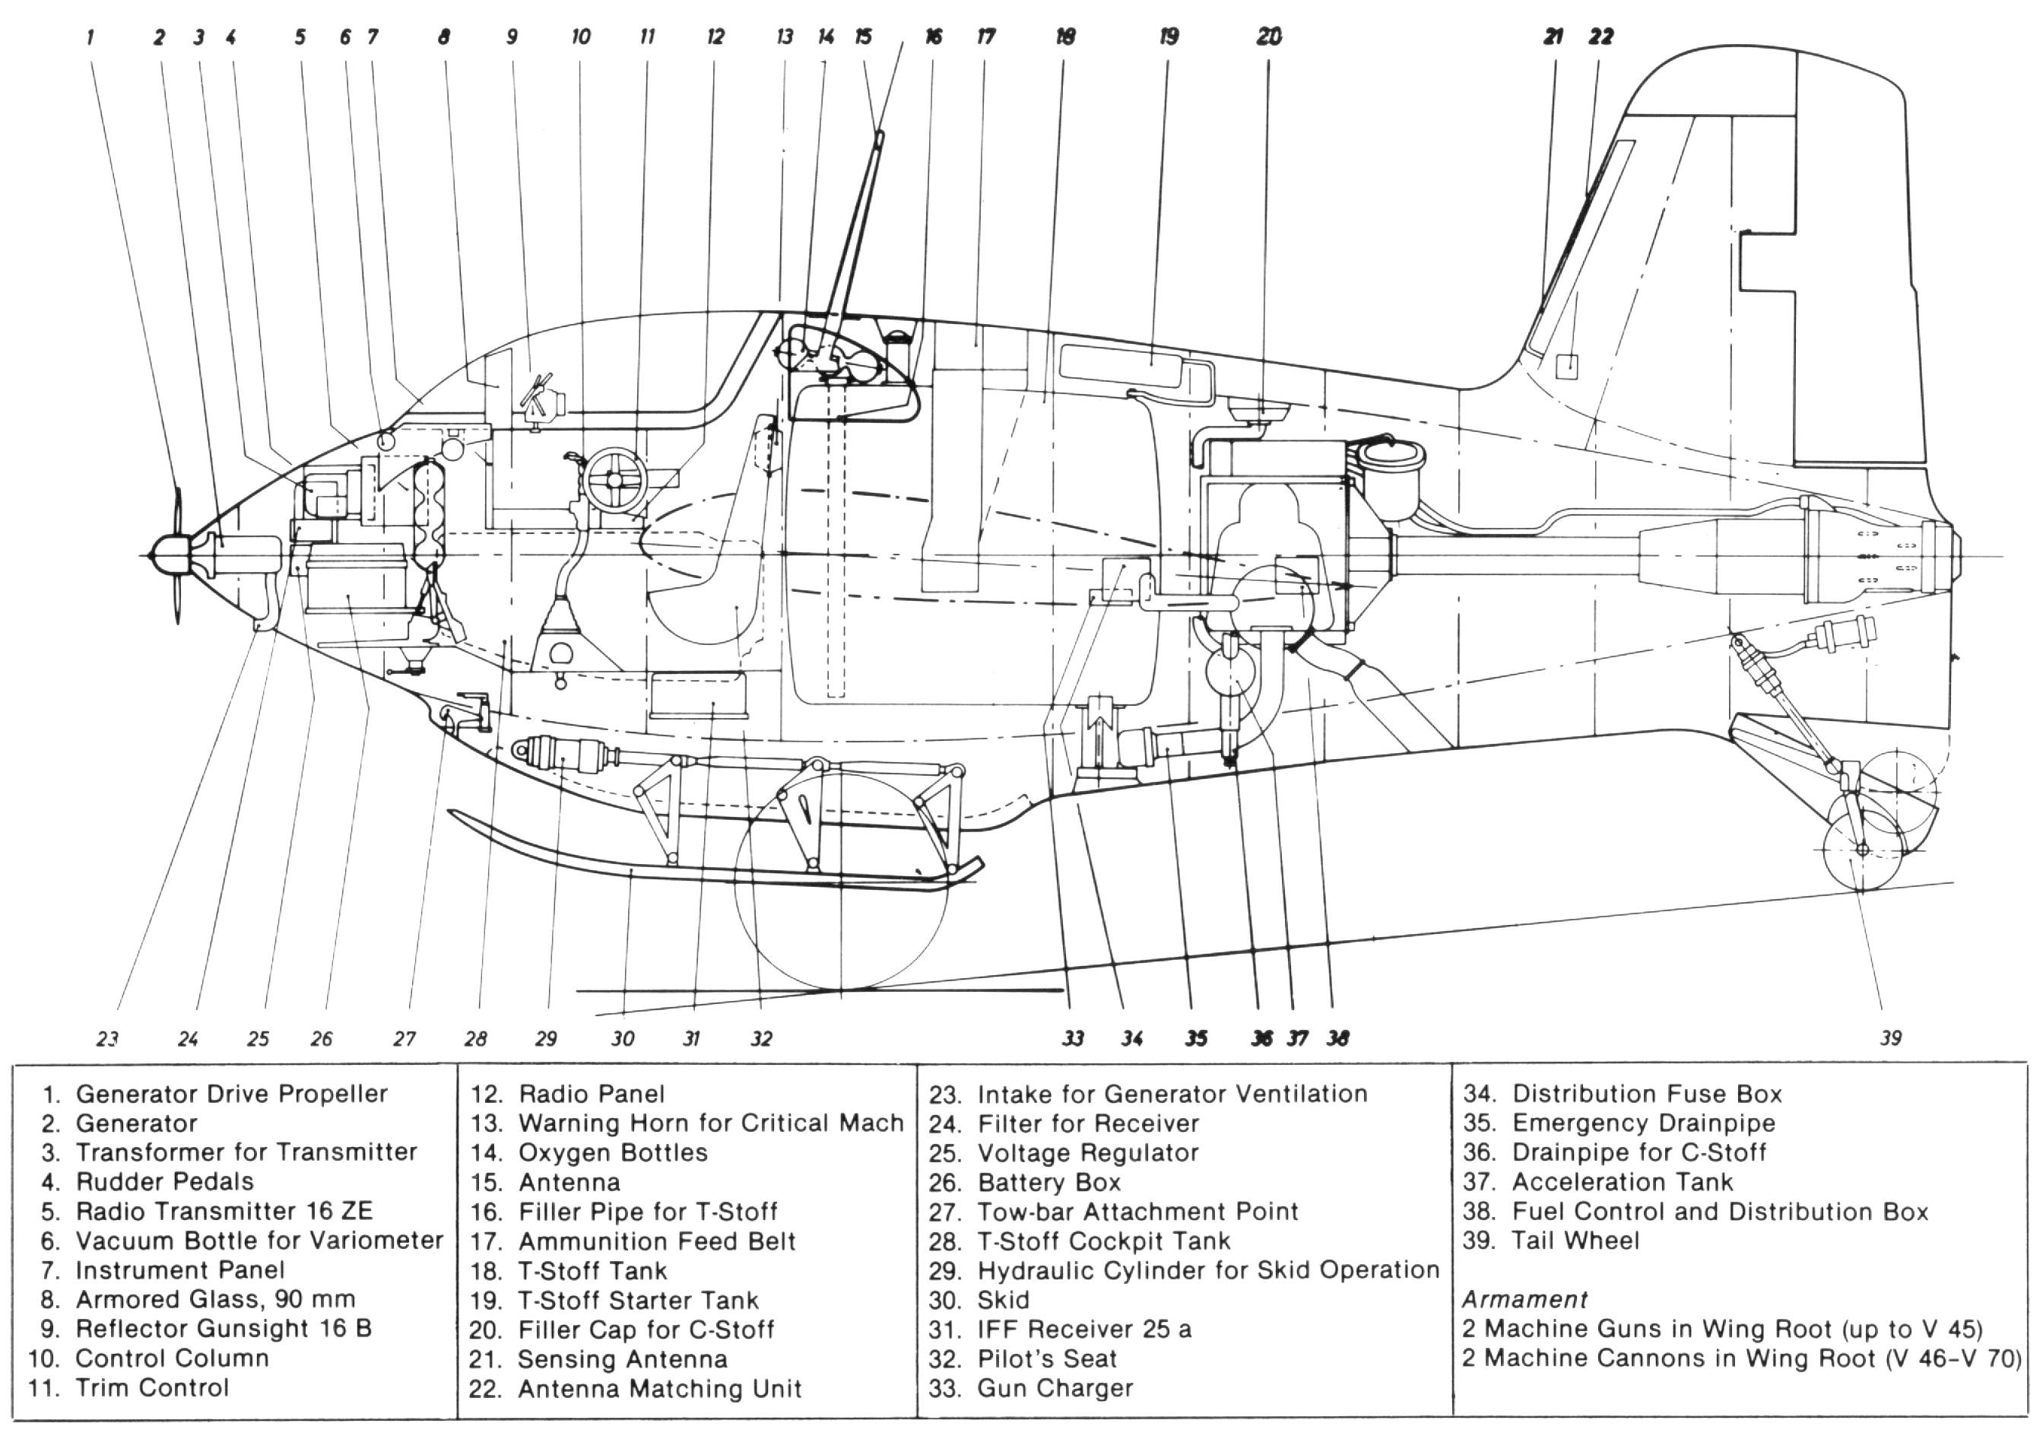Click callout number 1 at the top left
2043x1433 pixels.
point(90,37)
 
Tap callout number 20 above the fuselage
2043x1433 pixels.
point(1270,37)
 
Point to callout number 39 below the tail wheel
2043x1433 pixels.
point(1891,1037)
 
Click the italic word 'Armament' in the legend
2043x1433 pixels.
point(1524,1299)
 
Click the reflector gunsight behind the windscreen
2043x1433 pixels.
point(544,399)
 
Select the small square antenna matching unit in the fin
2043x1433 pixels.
point(1567,366)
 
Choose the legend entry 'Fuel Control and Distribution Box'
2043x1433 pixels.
point(1720,1212)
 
